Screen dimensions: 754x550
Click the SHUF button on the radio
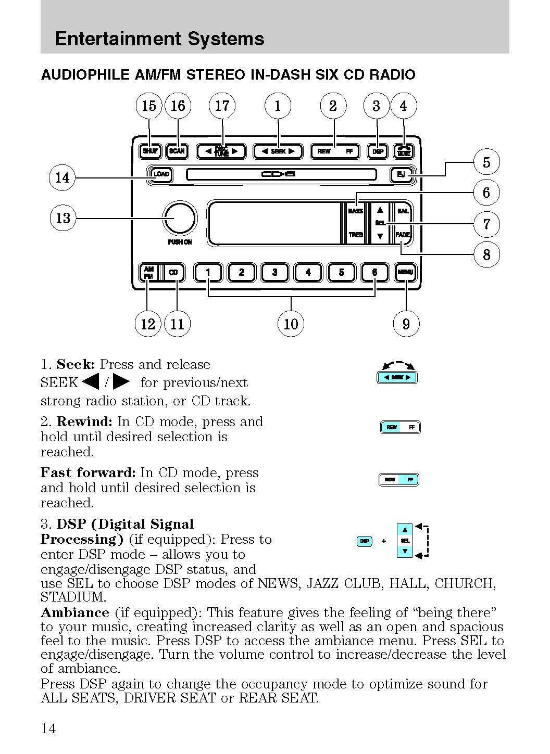coord(150,151)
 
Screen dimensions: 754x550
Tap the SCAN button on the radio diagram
coord(177,151)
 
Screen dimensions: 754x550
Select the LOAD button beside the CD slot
coord(161,174)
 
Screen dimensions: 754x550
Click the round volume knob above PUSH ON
coord(180,219)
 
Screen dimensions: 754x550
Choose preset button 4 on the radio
coord(308,272)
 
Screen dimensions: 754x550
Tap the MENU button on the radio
coord(405,272)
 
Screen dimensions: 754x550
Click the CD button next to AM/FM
coord(173,273)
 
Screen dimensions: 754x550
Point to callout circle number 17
coord(222,106)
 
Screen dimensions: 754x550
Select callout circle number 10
coord(291,324)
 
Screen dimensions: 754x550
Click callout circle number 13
coord(63,218)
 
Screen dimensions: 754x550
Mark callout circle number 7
coord(486,224)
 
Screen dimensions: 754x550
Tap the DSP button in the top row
coord(378,151)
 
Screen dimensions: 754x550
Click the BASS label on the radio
coord(355,211)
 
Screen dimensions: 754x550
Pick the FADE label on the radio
coord(403,235)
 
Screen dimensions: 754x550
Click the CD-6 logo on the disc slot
coord(278,174)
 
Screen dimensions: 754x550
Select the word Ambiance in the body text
coord(75,612)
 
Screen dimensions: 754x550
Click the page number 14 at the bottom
coord(48,728)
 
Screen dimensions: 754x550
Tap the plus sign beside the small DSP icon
coord(384,541)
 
